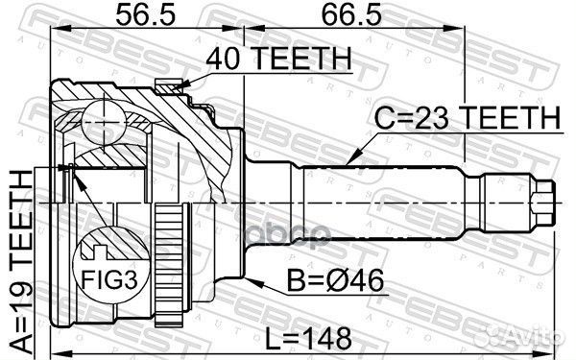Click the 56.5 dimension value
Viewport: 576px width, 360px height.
click(x=146, y=15)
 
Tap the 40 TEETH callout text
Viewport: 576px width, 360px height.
click(x=278, y=59)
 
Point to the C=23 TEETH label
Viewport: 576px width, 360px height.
click(x=468, y=117)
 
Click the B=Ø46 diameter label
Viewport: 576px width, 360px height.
click(x=335, y=281)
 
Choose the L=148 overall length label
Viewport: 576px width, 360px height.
click(x=308, y=339)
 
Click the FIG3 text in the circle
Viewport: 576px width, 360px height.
click(x=109, y=279)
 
